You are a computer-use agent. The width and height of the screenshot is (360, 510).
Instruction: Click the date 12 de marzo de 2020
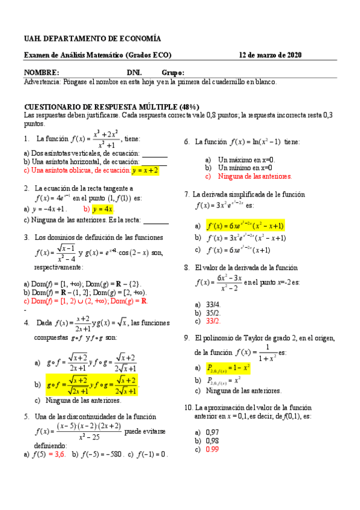click(270, 55)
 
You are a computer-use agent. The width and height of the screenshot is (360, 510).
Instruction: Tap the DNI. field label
click(134, 72)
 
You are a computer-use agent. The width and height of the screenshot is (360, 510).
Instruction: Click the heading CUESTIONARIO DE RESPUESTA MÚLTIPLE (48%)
click(111, 105)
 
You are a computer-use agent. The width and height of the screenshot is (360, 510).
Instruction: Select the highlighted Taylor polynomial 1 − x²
click(228, 367)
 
